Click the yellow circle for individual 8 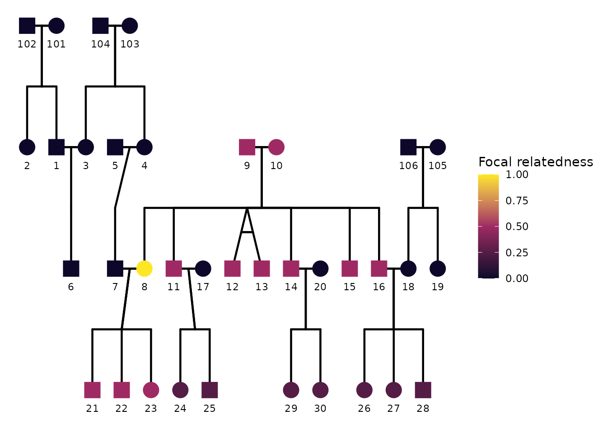click(x=145, y=269)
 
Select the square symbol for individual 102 click(x=27, y=26)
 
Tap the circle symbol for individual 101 click(x=56, y=26)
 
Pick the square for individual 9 click(x=247, y=147)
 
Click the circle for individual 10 click(x=276, y=147)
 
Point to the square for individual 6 click(x=71, y=269)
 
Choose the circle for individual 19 click(x=438, y=269)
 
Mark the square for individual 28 click(x=423, y=390)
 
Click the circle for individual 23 click(x=151, y=390)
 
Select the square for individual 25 click(x=210, y=390)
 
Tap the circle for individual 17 click(x=203, y=269)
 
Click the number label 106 click(x=408, y=166)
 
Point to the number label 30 click(x=320, y=409)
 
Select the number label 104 click(x=100, y=44)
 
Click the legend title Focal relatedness click(x=536, y=162)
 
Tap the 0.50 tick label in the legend click(x=517, y=226)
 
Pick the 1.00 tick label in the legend click(x=517, y=175)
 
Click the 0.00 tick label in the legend click(x=517, y=278)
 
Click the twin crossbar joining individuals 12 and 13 click(x=247, y=231)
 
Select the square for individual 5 click(x=115, y=147)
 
